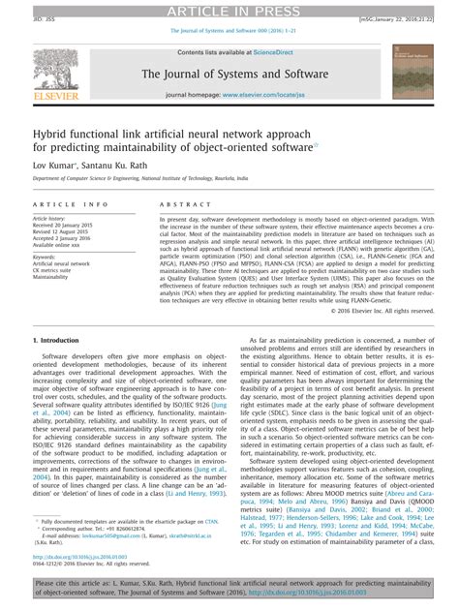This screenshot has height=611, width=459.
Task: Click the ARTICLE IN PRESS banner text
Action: [229, 9]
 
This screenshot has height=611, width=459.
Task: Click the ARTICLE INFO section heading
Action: [72, 205]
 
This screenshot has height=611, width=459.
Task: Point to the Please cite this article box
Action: [229, 591]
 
